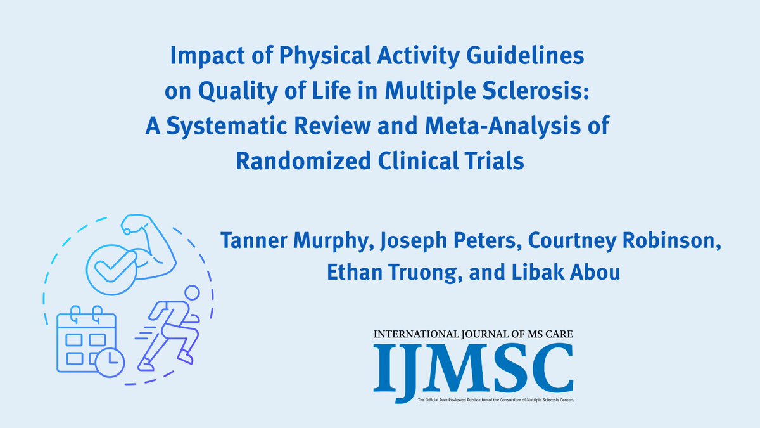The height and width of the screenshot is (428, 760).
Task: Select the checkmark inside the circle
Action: [x=107, y=265]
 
